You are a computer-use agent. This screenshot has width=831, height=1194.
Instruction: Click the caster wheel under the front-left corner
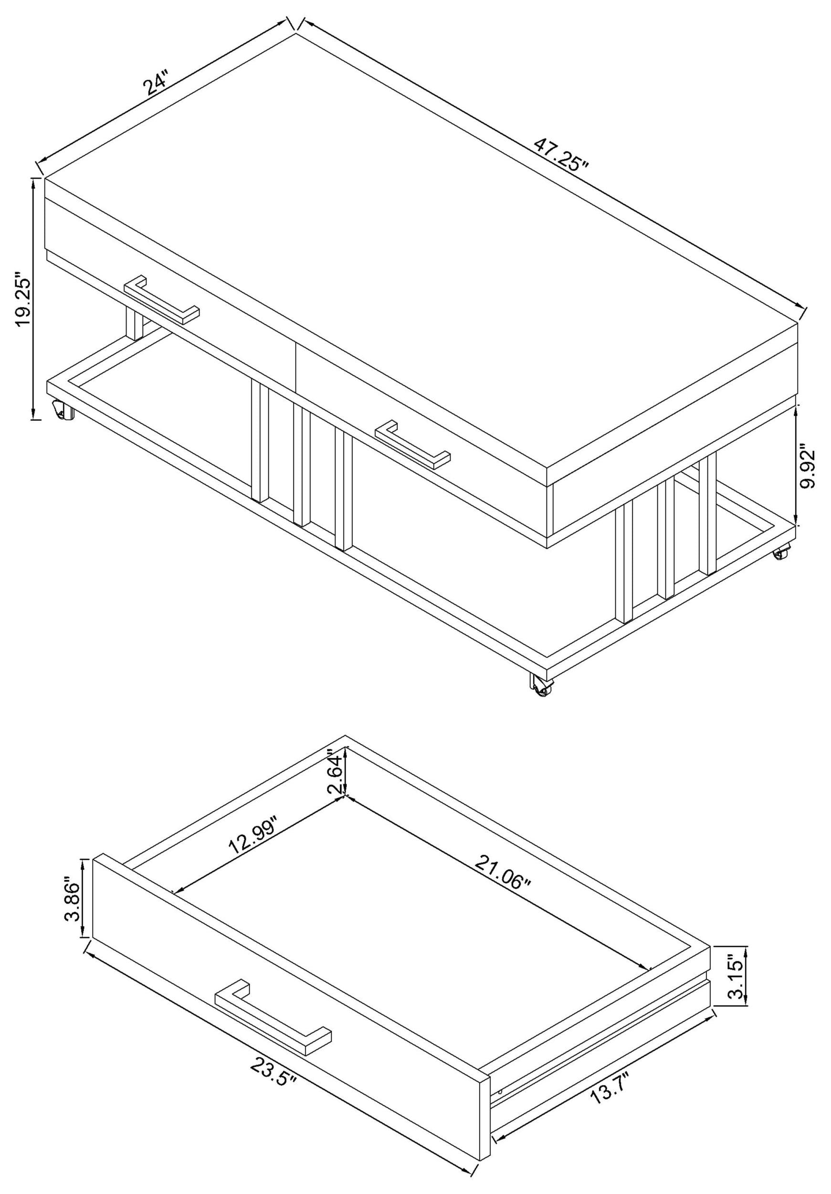point(64,411)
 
